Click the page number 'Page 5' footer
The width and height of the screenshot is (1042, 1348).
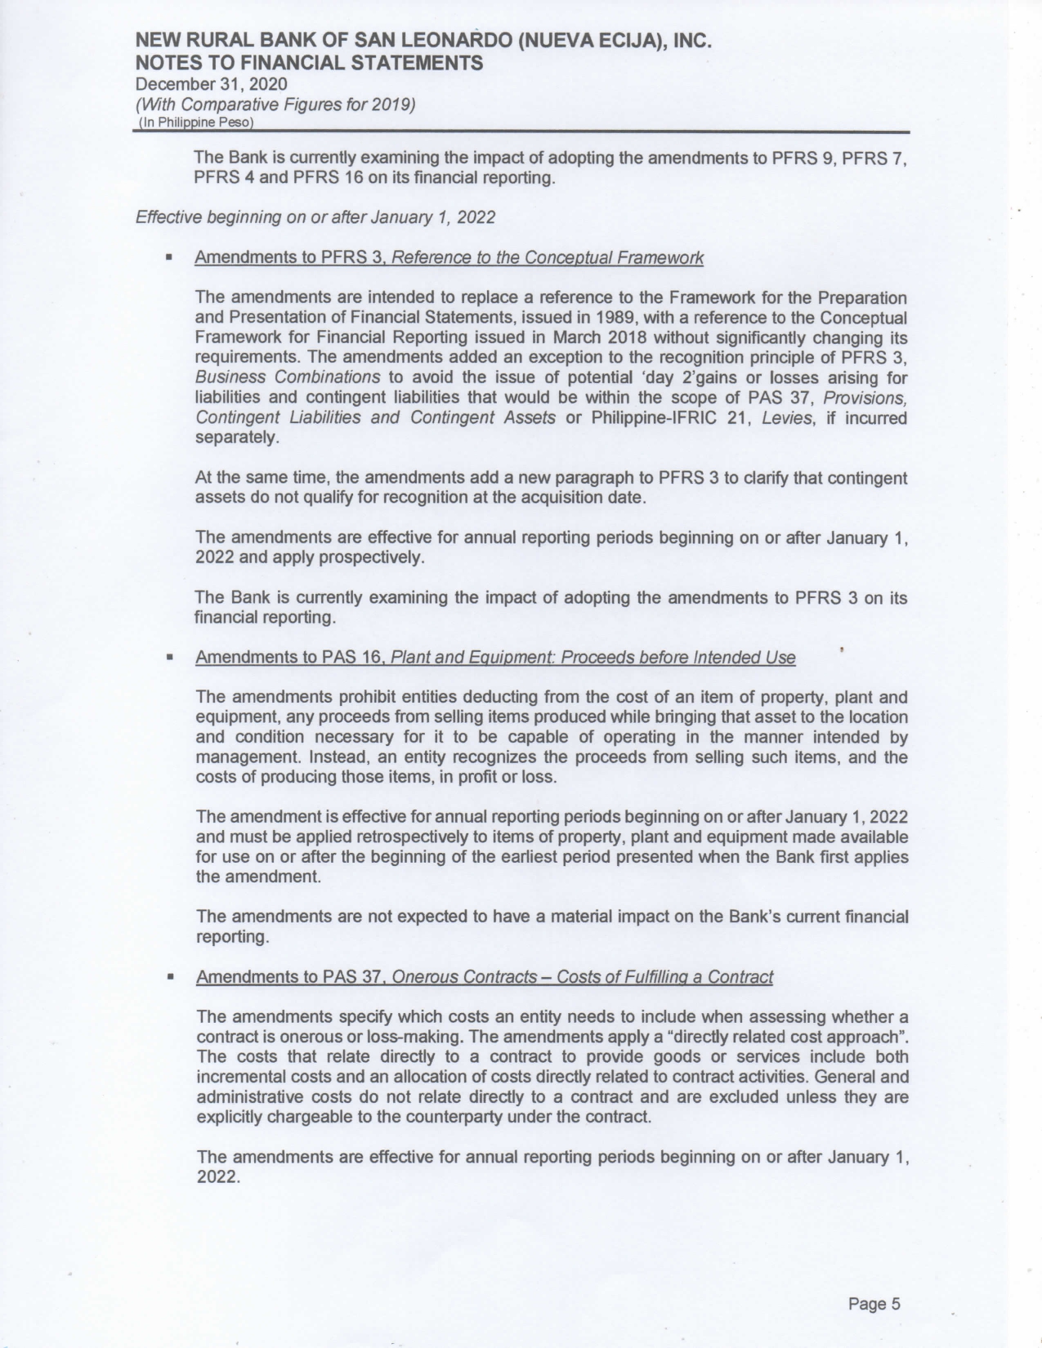[874, 1303]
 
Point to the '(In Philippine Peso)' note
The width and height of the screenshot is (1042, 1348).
[196, 123]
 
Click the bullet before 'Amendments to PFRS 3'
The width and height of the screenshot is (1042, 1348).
[168, 258]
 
